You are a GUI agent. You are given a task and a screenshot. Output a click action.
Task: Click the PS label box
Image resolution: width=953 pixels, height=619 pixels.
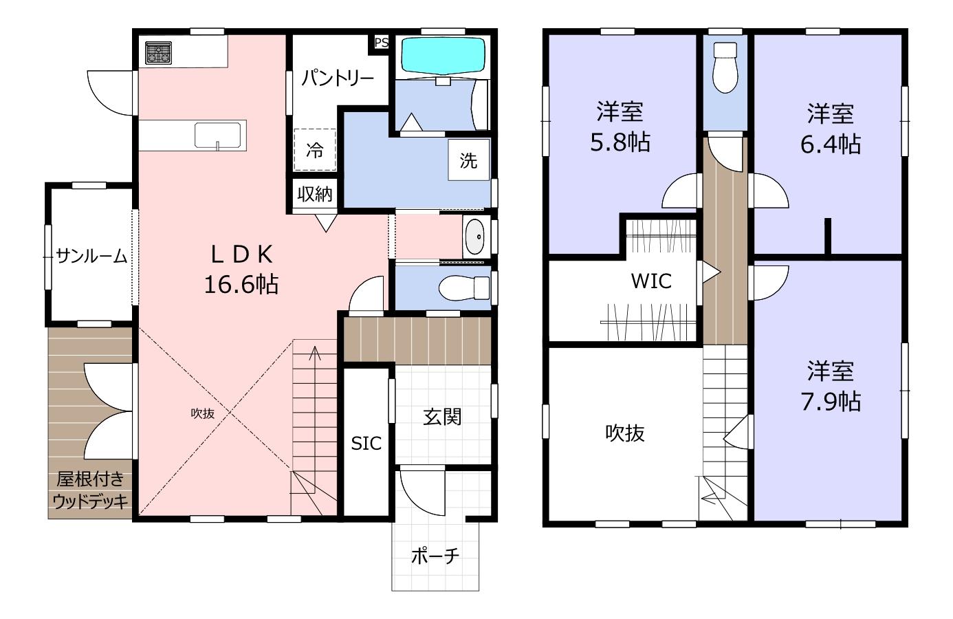[x=381, y=43]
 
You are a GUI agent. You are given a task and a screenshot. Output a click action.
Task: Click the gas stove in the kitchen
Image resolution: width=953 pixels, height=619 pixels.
[x=158, y=53]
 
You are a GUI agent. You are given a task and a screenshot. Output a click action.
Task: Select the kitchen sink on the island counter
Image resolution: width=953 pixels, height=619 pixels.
[x=218, y=135]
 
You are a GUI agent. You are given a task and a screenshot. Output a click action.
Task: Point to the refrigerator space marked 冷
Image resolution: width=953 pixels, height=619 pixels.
[x=315, y=150]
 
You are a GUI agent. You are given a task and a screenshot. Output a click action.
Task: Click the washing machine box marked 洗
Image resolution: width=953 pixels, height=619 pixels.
[x=468, y=160]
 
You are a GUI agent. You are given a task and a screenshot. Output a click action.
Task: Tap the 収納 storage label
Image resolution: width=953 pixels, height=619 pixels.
[x=315, y=195]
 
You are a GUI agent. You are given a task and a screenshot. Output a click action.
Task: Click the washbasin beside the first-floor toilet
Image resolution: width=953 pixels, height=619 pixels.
[x=474, y=237]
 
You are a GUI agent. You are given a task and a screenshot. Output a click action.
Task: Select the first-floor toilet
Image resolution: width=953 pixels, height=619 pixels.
[x=464, y=287]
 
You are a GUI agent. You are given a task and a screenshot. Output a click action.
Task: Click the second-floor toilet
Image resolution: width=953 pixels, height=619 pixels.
[x=725, y=67]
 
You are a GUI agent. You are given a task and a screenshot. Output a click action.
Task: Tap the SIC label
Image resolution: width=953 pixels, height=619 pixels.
[x=366, y=444]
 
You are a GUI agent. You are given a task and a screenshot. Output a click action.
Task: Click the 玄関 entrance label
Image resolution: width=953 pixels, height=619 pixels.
[x=442, y=417]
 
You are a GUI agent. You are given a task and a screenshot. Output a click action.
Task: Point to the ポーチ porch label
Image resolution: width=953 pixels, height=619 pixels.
[x=435, y=556]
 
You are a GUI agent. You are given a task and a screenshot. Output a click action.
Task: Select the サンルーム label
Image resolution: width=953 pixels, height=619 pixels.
[x=91, y=256]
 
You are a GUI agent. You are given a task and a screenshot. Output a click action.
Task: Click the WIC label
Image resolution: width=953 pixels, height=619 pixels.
[x=651, y=281]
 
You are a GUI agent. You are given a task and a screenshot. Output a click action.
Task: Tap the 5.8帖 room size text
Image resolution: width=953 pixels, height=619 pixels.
[x=620, y=142]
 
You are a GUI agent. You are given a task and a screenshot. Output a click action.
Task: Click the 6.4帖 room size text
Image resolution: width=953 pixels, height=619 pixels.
[x=831, y=144]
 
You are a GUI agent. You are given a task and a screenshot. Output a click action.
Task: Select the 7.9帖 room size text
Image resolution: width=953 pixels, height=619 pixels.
[x=831, y=401]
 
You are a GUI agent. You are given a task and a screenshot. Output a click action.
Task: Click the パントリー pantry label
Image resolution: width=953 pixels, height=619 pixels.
[x=338, y=78]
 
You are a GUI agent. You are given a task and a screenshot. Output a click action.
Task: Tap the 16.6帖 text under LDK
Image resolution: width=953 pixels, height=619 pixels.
[x=241, y=284]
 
